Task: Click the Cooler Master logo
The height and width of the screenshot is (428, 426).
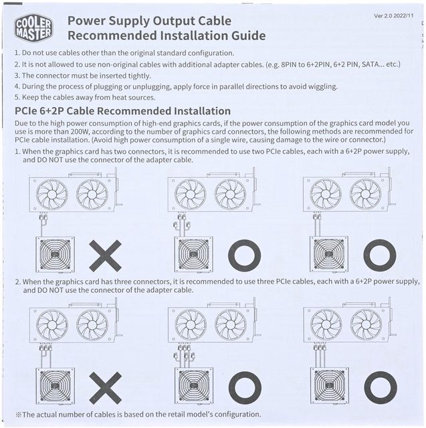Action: pos(33,28)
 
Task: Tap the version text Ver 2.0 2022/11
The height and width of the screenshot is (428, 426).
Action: pos(393,16)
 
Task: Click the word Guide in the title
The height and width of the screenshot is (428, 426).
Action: pos(248,35)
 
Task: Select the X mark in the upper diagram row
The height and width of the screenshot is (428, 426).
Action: pos(105,255)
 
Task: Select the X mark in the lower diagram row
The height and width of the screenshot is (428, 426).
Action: pos(106,388)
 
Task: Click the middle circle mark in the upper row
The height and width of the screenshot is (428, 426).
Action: pos(244,255)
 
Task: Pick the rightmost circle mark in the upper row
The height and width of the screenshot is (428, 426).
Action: pos(380,255)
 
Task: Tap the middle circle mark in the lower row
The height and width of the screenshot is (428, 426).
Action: pos(245,388)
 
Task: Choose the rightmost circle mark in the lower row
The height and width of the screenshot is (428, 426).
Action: pos(381,388)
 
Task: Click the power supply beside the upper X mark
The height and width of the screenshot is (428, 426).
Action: pos(55,254)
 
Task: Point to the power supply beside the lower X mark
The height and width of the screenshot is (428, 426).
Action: pos(55,386)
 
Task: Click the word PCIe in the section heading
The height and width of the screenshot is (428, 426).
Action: pos(26,111)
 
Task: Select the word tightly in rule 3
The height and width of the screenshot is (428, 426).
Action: pos(140,76)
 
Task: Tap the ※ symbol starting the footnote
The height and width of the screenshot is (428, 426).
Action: pos(18,415)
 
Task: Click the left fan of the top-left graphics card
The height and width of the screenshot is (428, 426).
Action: pos(52,195)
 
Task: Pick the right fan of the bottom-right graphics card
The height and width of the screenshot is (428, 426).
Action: pos(366,325)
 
